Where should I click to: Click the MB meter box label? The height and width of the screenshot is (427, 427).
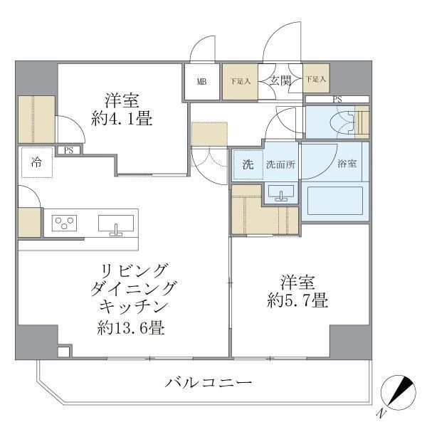pyautogui.click(x=202, y=81)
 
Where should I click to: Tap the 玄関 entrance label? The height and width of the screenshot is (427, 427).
pyautogui.click(x=280, y=81)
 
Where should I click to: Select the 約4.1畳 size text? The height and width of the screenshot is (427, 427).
pyautogui.click(x=122, y=119)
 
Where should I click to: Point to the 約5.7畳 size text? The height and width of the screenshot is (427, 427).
pyautogui.click(x=298, y=300)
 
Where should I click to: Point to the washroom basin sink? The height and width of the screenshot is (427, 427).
pyautogui.click(x=282, y=193)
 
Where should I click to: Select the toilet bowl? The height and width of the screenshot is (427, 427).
pyautogui.click(x=339, y=123)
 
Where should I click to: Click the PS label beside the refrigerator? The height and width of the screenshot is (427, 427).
pyautogui.click(x=69, y=150)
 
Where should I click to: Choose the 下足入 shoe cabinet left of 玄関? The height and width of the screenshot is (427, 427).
pyautogui.click(x=240, y=81)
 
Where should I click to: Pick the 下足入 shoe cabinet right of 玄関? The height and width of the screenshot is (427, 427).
pyautogui.click(x=316, y=80)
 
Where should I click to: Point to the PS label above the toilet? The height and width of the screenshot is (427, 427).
pyautogui.click(x=337, y=100)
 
